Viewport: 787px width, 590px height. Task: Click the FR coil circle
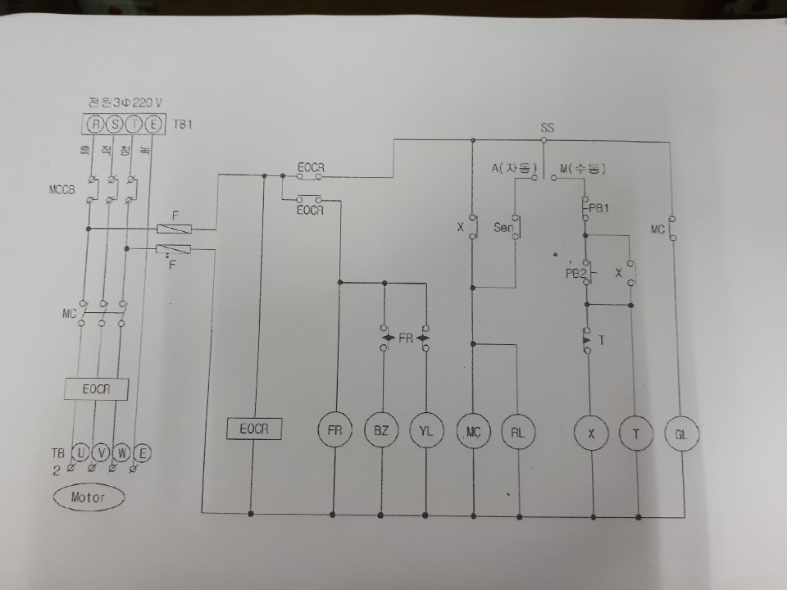[x=334, y=432]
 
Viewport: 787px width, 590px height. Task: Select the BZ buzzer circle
[x=381, y=432]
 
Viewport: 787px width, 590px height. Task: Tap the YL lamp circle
[x=426, y=432]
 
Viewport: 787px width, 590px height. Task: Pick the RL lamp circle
[x=518, y=433]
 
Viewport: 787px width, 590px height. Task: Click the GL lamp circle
[x=681, y=433]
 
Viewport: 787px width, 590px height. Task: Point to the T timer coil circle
[x=635, y=433]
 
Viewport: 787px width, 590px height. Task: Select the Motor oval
[x=90, y=497]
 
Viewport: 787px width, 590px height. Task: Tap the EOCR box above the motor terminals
[x=97, y=390]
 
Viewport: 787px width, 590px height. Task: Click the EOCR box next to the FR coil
[x=254, y=429]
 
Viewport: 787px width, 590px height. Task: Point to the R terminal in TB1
[x=96, y=125]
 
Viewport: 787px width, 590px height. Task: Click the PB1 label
[x=600, y=209]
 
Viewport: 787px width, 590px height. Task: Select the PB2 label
[x=575, y=274]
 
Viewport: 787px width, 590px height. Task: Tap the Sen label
[x=503, y=227]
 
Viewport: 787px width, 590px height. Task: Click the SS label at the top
[x=548, y=128]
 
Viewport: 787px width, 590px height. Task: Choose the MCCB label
[x=63, y=191]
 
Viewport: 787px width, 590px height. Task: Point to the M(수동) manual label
[x=582, y=169]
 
